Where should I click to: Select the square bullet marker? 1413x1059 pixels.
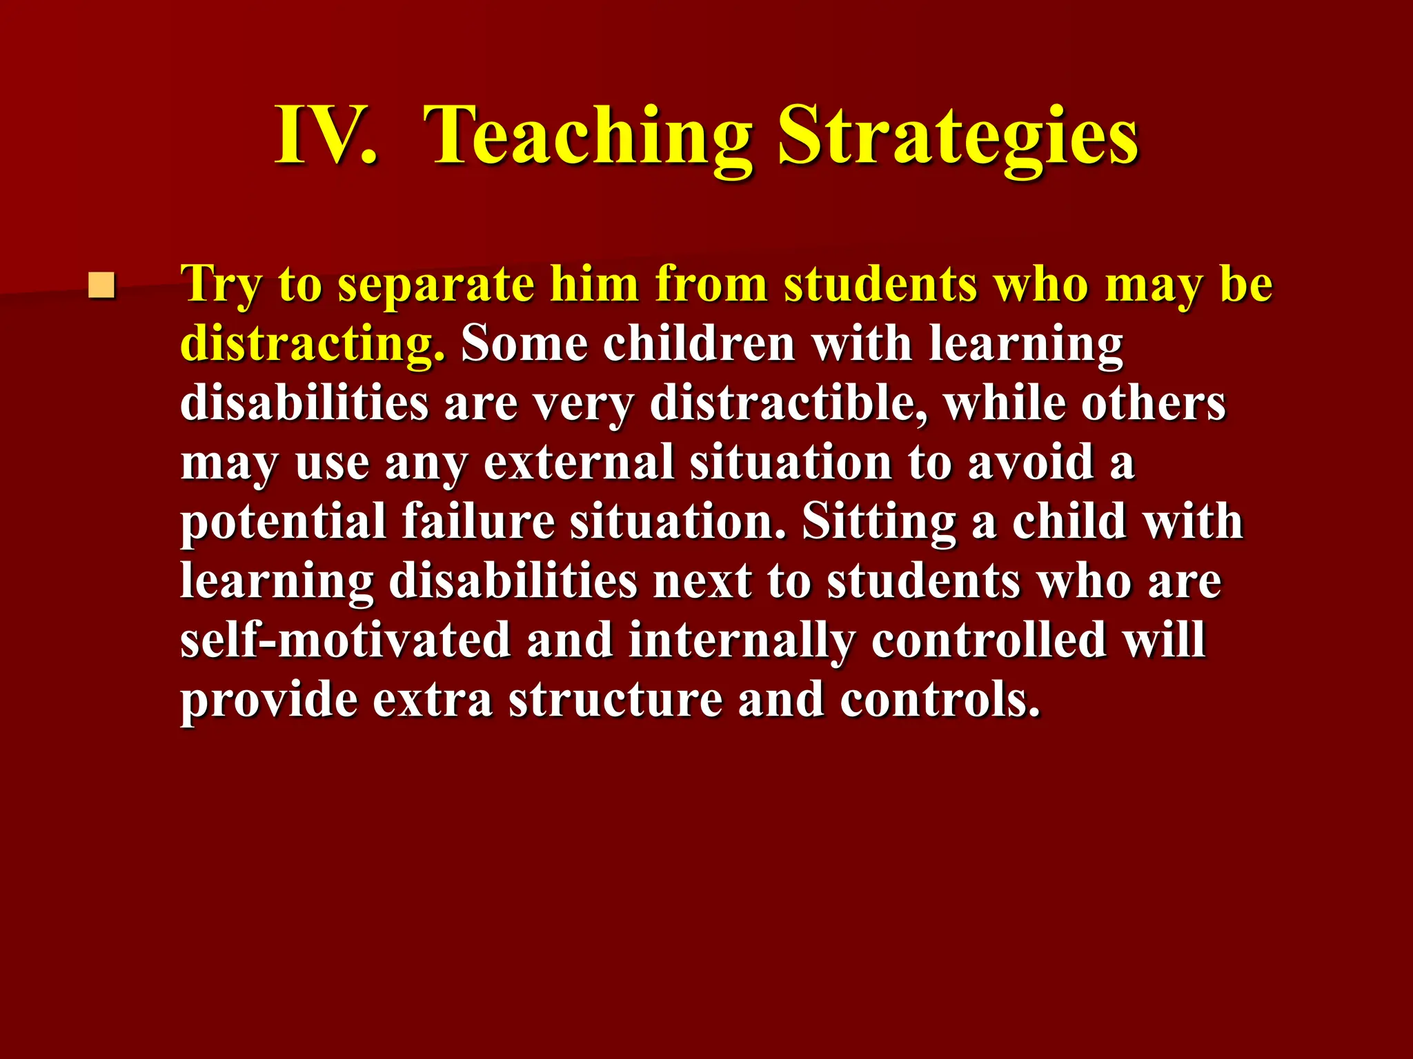pos(101,285)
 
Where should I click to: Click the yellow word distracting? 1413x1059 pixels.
pos(312,343)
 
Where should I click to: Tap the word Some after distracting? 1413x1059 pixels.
pos(524,343)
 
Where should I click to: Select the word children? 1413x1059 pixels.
pos(699,343)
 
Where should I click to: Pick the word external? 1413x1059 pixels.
pos(578,462)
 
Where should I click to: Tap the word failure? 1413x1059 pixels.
pos(478,521)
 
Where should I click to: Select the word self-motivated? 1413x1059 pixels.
pos(345,640)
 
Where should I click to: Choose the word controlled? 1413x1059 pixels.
pos(989,640)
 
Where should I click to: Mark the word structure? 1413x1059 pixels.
pos(615,699)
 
